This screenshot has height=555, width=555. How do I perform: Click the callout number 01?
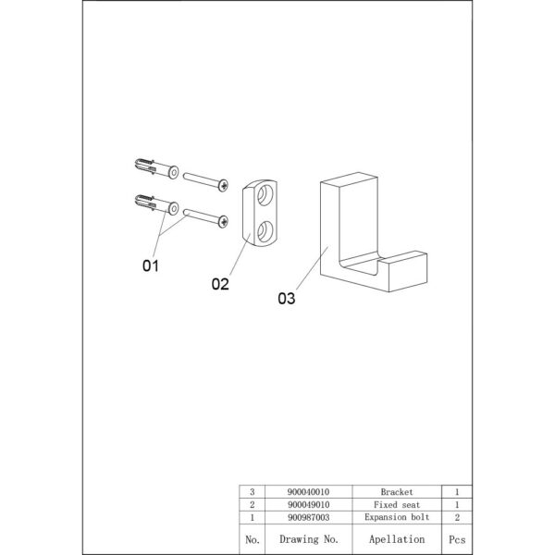[151, 265]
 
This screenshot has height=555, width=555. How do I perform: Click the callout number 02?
[220, 284]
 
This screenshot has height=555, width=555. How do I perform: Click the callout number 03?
[287, 299]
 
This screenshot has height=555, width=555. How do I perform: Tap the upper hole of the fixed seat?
[265, 195]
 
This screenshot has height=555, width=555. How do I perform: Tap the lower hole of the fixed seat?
[265, 232]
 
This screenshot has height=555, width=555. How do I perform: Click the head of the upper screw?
[223, 185]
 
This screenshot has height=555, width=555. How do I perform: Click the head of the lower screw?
[223, 222]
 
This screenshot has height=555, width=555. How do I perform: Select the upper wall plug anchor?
[156, 168]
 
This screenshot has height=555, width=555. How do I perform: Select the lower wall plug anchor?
[156, 204]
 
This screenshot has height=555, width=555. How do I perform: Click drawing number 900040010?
[308, 492]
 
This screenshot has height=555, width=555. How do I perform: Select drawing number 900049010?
[308, 504]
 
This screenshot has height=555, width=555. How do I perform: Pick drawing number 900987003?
[308, 517]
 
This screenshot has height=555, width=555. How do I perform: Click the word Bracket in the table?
[397, 492]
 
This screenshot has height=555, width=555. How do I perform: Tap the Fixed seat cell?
[397, 504]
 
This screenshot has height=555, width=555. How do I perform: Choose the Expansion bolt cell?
[397, 517]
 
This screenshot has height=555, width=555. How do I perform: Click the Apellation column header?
[397, 539]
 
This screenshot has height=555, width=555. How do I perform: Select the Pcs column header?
[457, 539]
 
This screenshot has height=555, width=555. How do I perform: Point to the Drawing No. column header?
[309, 539]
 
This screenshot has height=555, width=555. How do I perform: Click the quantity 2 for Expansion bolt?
[457, 517]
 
